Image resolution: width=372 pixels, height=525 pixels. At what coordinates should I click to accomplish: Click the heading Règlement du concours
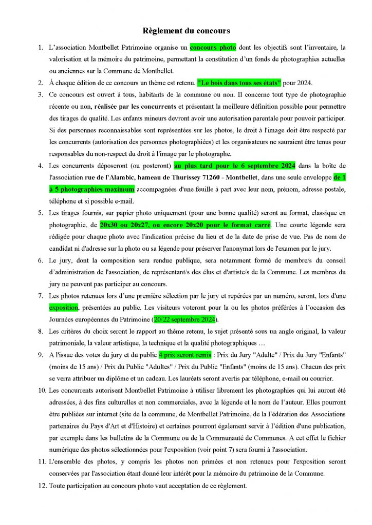point(186,31)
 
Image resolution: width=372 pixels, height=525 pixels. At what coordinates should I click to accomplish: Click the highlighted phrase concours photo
point(213,48)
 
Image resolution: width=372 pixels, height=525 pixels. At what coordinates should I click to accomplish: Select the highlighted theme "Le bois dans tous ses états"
point(239,83)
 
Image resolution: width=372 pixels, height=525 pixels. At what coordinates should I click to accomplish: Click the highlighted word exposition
point(63,308)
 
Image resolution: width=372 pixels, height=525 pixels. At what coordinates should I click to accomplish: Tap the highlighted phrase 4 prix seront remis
point(184,355)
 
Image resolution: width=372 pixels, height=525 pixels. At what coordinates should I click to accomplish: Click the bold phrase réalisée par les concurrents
point(136,107)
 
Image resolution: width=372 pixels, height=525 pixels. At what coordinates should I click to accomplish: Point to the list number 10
point(42,390)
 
